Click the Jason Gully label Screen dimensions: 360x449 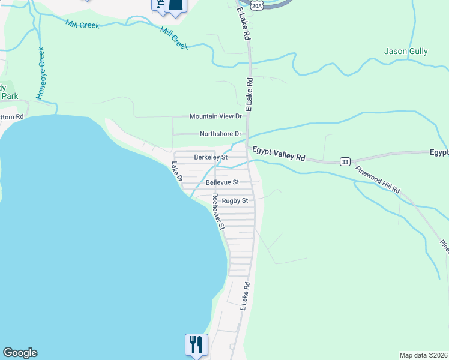tap(406, 52)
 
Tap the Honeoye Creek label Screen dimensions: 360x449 tap(41, 73)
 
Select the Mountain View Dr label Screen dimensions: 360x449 tap(215, 116)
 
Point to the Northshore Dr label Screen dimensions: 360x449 tap(220, 134)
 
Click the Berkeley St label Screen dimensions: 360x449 tap(211, 157)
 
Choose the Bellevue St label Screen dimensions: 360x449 tap(222, 182)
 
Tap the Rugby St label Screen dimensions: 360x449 tap(235, 201)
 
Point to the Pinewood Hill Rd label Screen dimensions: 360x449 tap(377, 179)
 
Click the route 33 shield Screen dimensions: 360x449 tap(345, 161)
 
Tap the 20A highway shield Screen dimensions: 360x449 tap(257, 5)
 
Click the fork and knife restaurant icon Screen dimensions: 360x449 tap(196, 345)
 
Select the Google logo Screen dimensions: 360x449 tap(20, 353)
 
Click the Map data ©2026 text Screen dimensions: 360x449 tap(423, 355)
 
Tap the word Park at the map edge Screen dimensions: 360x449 tap(9, 96)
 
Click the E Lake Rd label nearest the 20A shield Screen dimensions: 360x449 tap(244, 25)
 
